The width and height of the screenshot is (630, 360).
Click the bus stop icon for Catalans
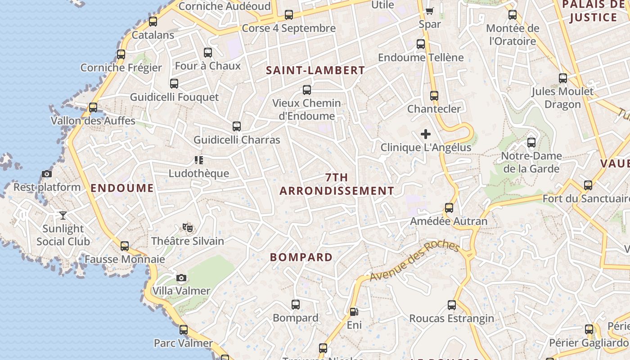[153, 22]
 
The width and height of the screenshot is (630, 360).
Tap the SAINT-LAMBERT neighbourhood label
[315, 70]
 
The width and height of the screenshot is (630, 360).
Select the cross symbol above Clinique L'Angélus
[426, 134]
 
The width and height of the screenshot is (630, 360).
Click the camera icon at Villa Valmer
[181, 278]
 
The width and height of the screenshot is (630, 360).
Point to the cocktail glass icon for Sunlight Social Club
[63, 216]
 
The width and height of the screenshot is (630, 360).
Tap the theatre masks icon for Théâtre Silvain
[188, 228]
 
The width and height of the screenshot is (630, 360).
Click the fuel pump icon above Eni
[354, 311]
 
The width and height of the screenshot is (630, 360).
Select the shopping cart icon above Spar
[429, 11]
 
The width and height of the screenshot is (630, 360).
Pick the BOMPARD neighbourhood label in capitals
[301, 257]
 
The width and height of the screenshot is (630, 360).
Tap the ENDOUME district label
[122, 188]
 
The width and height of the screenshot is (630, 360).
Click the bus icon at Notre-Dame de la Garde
[531, 143]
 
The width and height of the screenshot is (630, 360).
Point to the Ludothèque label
[199, 173]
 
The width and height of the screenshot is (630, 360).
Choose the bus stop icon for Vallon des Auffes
[93, 108]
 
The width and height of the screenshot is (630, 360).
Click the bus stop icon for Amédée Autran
[449, 208]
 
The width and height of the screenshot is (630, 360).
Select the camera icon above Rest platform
[47, 174]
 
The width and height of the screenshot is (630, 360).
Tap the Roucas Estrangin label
[451, 319]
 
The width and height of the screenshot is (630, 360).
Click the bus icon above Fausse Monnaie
[125, 246]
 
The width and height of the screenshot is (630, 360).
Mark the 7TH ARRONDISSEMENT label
[337, 184]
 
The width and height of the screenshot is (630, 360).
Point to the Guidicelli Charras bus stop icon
[237, 126]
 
